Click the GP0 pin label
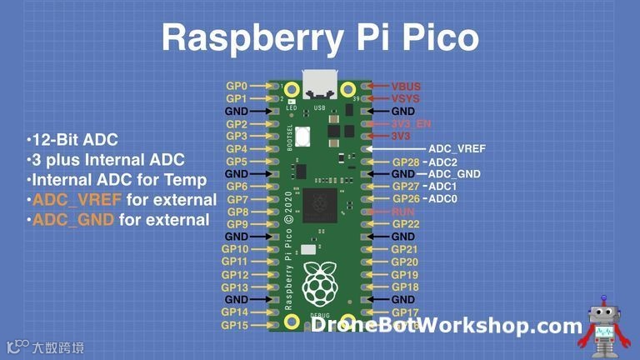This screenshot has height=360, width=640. tap(237, 86)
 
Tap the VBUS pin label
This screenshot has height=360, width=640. tap(406, 86)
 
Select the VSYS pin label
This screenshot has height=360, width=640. tap(406, 98)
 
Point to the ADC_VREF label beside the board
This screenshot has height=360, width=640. tap(457, 148)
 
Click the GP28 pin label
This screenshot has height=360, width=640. tap(406, 162)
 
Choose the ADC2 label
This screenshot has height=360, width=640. tap(442, 162)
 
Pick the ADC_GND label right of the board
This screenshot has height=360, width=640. tap(454, 174)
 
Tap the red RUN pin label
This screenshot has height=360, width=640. tap(403, 212)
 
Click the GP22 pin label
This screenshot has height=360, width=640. tap(405, 224)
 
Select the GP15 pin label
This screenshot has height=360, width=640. tap(234, 325)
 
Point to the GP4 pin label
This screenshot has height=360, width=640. tap(237, 148)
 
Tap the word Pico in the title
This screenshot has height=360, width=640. tap(440, 40)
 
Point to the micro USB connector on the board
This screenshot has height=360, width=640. tap(321, 87)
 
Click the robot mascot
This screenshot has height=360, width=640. tap(605, 323)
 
